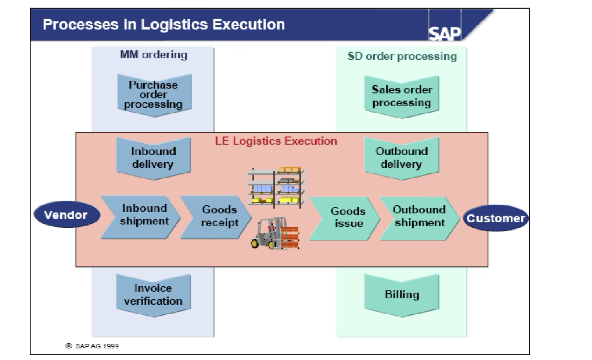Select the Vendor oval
pyautogui.click(x=66, y=215)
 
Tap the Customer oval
pyautogui.click(x=496, y=218)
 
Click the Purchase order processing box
pyautogui.click(x=154, y=95)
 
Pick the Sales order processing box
pyautogui.click(x=402, y=96)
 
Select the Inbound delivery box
pyautogui.click(x=153, y=158)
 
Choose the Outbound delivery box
pyautogui.click(x=402, y=158)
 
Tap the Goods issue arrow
pyautogui.click(x=345, y=217)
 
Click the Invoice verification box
pyautogui.click(x=153, y=295)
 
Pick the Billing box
pyautogui.click(x=402, y=295)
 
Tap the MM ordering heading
pyautogui.click(x=153, y=55)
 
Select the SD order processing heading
pyautogui.click(x=402, y=56)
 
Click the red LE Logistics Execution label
pyautogui.click(x=276, y=141)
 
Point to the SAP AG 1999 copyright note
pyautogui.click(x=93, y=346)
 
